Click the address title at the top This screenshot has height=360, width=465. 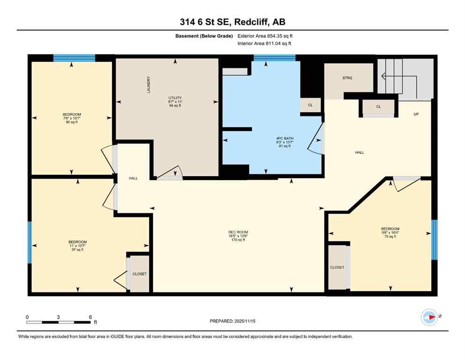point(232,22)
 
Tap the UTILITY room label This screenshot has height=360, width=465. point(175,97)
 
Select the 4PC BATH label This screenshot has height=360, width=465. point(283,138)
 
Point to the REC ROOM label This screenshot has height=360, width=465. point(238,232)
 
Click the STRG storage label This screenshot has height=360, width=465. point(347,78)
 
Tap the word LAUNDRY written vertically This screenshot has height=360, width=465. point(148,84)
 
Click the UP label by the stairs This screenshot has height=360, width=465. point(415,114)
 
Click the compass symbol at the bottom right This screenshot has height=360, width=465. point(429,317)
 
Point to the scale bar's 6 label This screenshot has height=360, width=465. point(90,317)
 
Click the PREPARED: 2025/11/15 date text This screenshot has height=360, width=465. point(232,321)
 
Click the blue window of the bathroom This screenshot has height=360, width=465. point(274,58)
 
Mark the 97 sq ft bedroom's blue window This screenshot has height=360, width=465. point(29,242)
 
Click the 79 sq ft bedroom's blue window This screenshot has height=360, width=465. point(434,240)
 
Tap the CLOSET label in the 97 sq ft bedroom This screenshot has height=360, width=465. point(139,274)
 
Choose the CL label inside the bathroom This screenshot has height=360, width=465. point(310,105)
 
